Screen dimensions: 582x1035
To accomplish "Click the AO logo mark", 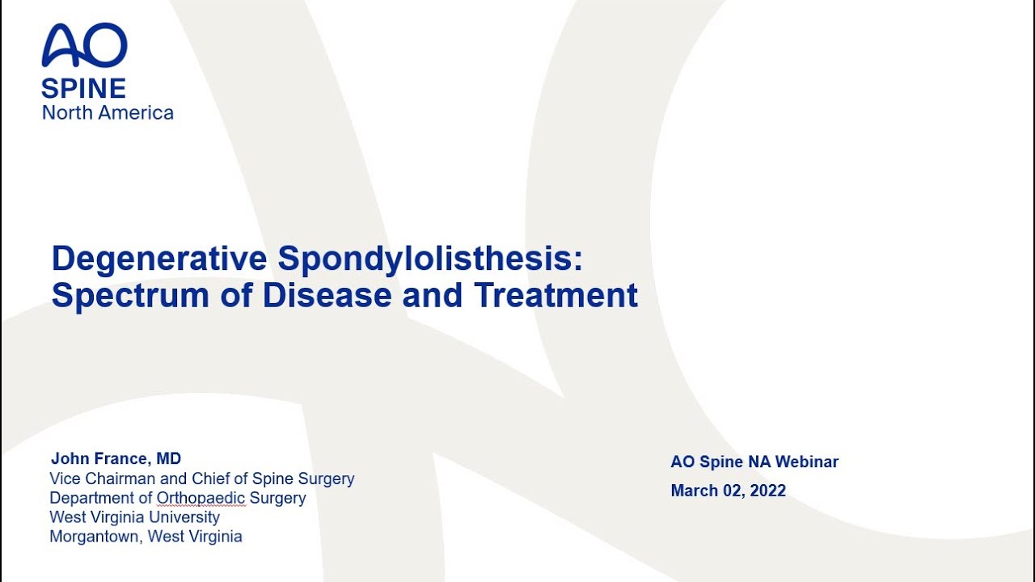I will tap(84, 45).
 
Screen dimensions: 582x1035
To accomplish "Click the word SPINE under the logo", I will tap(83, 88).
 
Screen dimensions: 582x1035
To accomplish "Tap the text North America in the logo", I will tap(108, 112).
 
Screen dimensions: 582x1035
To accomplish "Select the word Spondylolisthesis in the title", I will tap(429, 259).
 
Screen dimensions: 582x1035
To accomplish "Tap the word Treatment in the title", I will tap(556, 296).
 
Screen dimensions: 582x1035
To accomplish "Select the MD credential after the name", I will tap(169, 459).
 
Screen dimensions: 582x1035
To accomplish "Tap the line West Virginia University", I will tap(134, 517).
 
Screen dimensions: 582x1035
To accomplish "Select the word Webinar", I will tap(807, 462).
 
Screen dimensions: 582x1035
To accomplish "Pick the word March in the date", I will tap(694, 491).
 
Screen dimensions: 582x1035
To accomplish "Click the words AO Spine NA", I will tap(721, 462).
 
